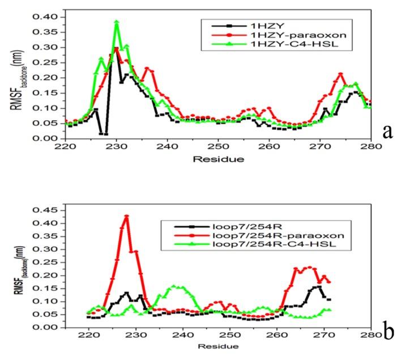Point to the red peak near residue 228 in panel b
(x=126, y=216)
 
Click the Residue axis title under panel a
(x=218, y=159)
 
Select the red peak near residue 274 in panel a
(x=340, y=74)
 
